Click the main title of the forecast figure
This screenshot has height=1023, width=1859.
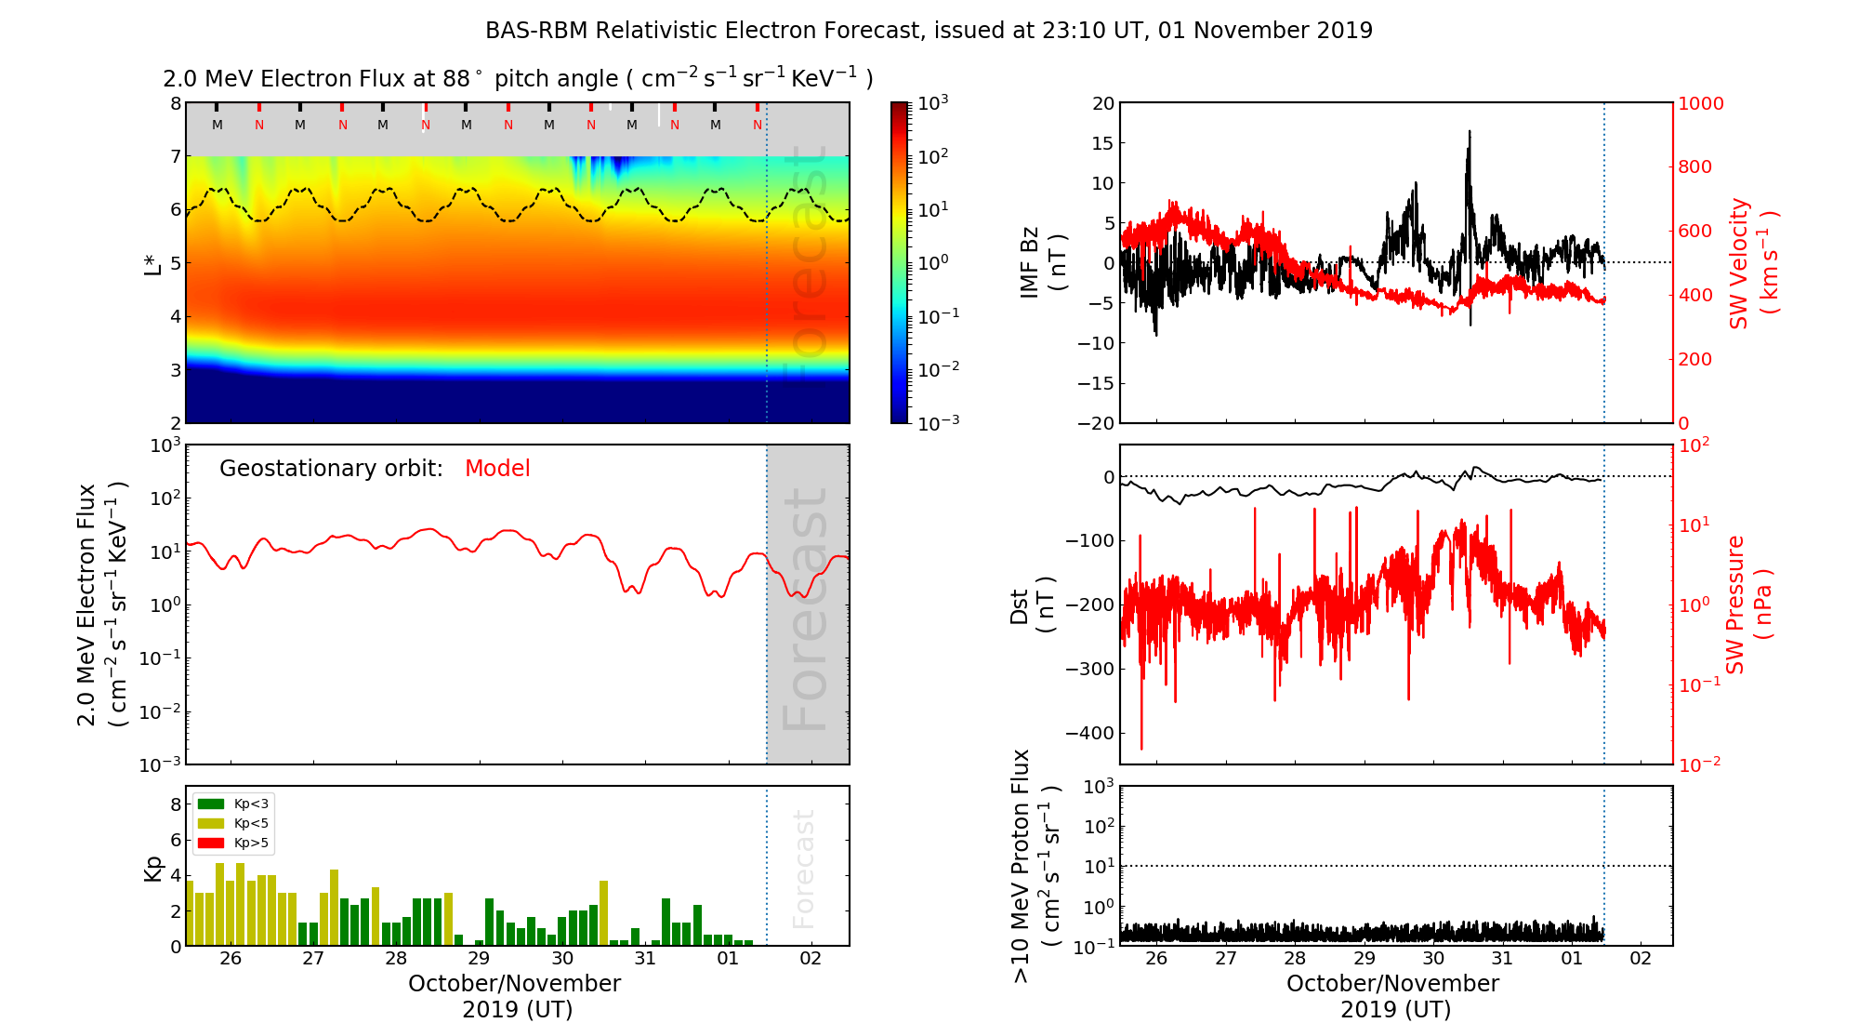929,31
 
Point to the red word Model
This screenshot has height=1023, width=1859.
497,469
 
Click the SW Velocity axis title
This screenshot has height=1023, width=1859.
1752,263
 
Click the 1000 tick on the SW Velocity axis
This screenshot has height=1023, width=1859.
1700,103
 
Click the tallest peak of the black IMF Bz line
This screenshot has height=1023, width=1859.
1470,132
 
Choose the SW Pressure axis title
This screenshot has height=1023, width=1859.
1747,604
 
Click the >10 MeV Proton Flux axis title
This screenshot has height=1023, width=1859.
1035,866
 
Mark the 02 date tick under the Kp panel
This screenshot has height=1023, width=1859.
811,959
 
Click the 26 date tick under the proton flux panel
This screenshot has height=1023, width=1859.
1156,959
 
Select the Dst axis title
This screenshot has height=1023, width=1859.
1033,604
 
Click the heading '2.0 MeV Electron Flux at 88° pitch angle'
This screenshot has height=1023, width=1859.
518,79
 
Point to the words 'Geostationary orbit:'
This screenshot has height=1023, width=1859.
331,469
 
